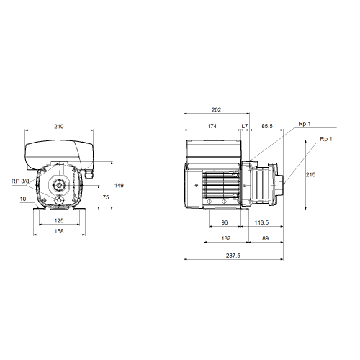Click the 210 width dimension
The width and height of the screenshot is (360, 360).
point(59,127)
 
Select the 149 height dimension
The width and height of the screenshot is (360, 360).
point(119,186)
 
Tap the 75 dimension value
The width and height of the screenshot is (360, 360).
point(106,197)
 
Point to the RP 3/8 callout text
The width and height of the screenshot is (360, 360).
point(20,181)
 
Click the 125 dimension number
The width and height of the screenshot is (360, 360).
point(59,220)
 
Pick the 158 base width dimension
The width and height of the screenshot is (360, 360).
point(59,231)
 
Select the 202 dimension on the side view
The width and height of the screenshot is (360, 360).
point(216,110)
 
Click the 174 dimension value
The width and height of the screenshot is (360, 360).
point(212,126)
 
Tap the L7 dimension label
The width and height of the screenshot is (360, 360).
point(245,126)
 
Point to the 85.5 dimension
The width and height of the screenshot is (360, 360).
point(267,126)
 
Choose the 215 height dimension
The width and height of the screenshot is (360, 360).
point(310,175)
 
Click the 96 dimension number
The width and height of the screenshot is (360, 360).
point(225,222)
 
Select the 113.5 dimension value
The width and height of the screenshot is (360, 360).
point(261,222)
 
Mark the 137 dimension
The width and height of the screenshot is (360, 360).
point(226,238)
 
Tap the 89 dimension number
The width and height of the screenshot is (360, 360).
point(266,238)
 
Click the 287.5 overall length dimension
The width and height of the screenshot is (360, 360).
point(233,256)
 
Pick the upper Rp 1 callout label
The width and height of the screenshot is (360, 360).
point(305,124)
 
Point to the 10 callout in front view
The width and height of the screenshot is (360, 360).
point(23,199)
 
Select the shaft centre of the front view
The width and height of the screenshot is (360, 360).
point(58,185)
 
